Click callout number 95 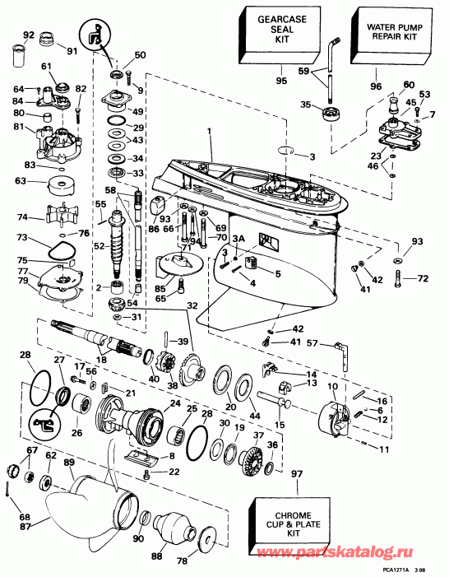(x=282, y=81)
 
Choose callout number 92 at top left (x=28, y=35)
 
